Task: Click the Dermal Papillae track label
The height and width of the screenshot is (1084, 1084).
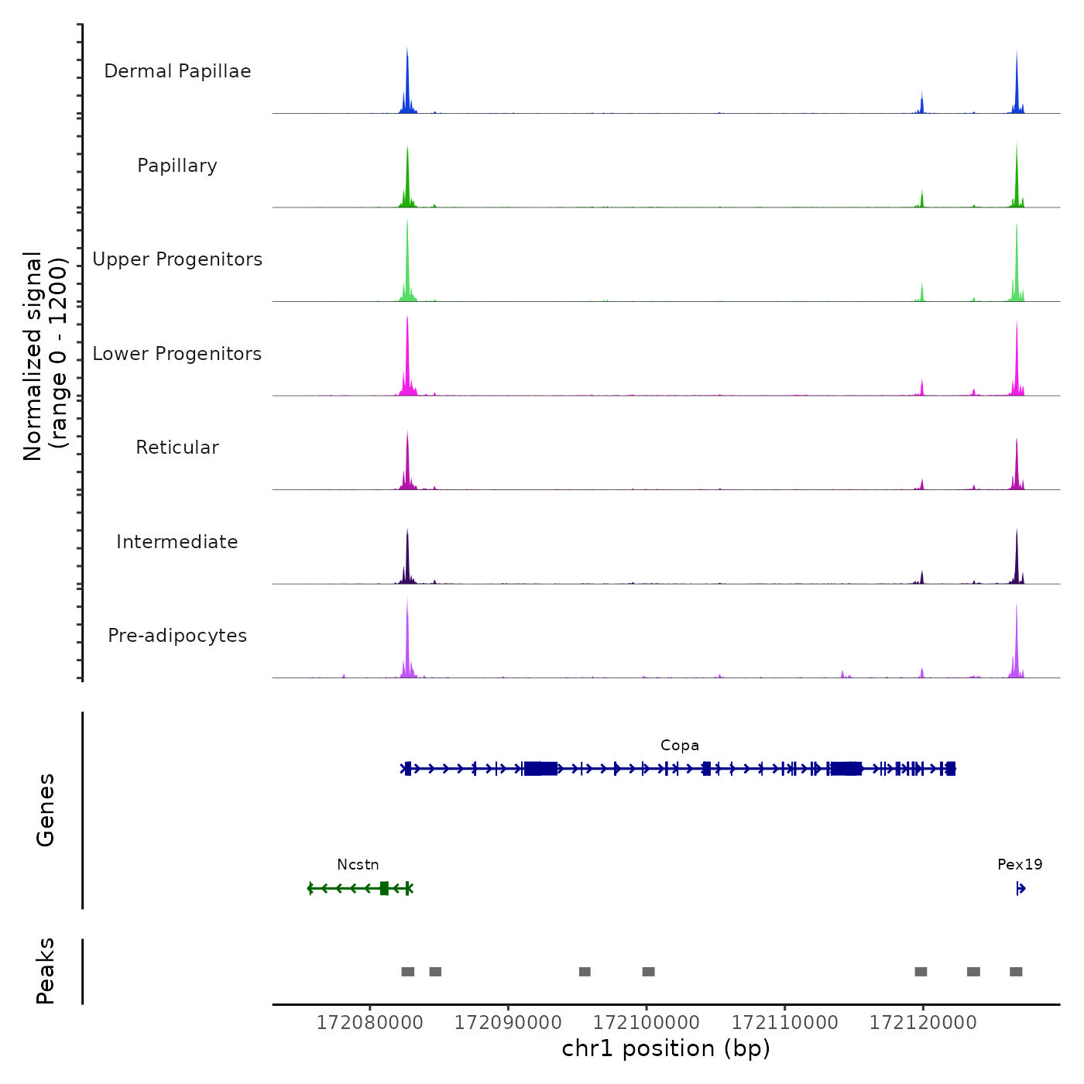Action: (x=177, y=71)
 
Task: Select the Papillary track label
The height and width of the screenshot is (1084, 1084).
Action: (x=177, y=166)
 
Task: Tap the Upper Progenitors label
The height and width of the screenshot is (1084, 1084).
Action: (x=177, y=259)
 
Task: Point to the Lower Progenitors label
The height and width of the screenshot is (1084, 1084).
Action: (x=177, y=354)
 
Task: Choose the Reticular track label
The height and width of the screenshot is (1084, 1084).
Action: (x=177, y=448)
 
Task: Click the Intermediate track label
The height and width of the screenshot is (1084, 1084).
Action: (x=177, y=542)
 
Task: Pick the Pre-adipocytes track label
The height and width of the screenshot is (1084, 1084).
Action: (x=177, y=636)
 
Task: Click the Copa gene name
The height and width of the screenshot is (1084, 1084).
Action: (x=680, y=746)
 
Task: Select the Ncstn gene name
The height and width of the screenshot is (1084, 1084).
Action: (x=358, y=865)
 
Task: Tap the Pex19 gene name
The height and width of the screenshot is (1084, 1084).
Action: (x=1020, y=865)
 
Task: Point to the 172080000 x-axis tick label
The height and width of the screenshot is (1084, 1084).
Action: (x=370, y=1023)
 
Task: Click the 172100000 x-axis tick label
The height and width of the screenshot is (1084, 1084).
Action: (x=647, y=1023)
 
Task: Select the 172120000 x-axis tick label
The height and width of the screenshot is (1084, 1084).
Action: (x=923, y=1023)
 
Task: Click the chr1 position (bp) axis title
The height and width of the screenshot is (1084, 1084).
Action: (x=666, y=1048)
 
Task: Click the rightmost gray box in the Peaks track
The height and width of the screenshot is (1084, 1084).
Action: (x=1016, y=972)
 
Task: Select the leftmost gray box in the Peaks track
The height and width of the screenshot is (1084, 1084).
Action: (x=408, y=972)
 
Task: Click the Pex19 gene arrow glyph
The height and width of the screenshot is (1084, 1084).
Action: (x=1021, y=889)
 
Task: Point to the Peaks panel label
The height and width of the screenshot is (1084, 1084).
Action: (x=46, y=971)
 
